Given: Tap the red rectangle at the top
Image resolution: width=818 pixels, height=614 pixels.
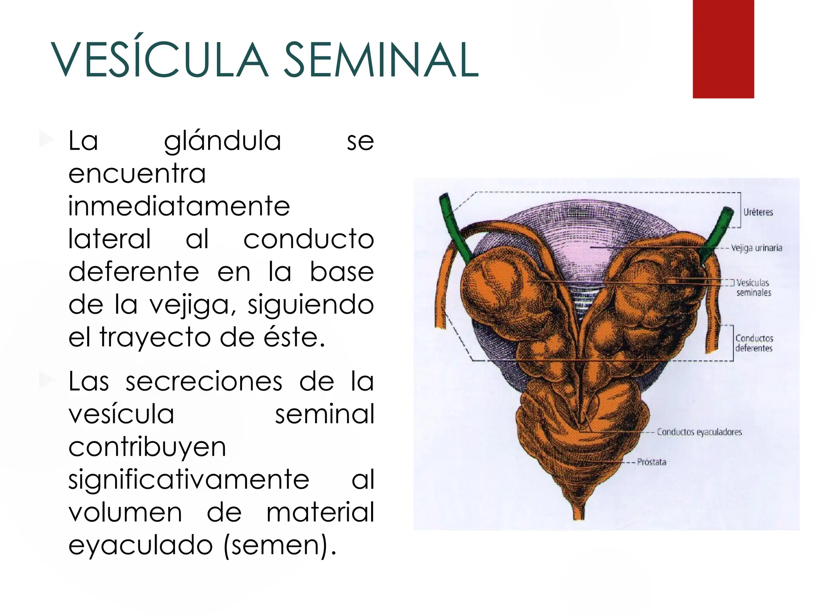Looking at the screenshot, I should point(723,49).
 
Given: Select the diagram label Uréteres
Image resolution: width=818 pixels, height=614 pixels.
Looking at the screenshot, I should point(758,212).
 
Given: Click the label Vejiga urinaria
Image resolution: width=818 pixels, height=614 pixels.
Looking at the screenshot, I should point(756,248).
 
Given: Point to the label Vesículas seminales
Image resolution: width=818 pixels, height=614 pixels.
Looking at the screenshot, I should point(753,287).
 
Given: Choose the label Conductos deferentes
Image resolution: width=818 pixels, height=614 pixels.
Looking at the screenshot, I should point(754,343).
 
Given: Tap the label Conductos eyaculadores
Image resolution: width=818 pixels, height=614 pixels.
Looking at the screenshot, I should point(699,432).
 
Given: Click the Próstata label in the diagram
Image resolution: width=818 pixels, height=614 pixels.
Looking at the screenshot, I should point(651,462).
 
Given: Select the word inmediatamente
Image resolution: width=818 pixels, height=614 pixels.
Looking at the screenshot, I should point(179,206).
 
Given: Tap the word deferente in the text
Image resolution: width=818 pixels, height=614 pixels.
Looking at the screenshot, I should point(134,272).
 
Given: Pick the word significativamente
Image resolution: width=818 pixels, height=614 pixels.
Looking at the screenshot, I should point(189,480).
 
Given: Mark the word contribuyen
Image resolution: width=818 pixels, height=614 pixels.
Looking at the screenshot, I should point(147,447).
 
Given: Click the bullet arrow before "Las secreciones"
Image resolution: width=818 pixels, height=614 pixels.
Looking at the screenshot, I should point(47,381).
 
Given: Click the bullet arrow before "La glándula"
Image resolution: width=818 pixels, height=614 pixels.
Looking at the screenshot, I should point(47,140).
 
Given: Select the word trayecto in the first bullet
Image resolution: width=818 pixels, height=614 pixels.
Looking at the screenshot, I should point(156,337).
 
